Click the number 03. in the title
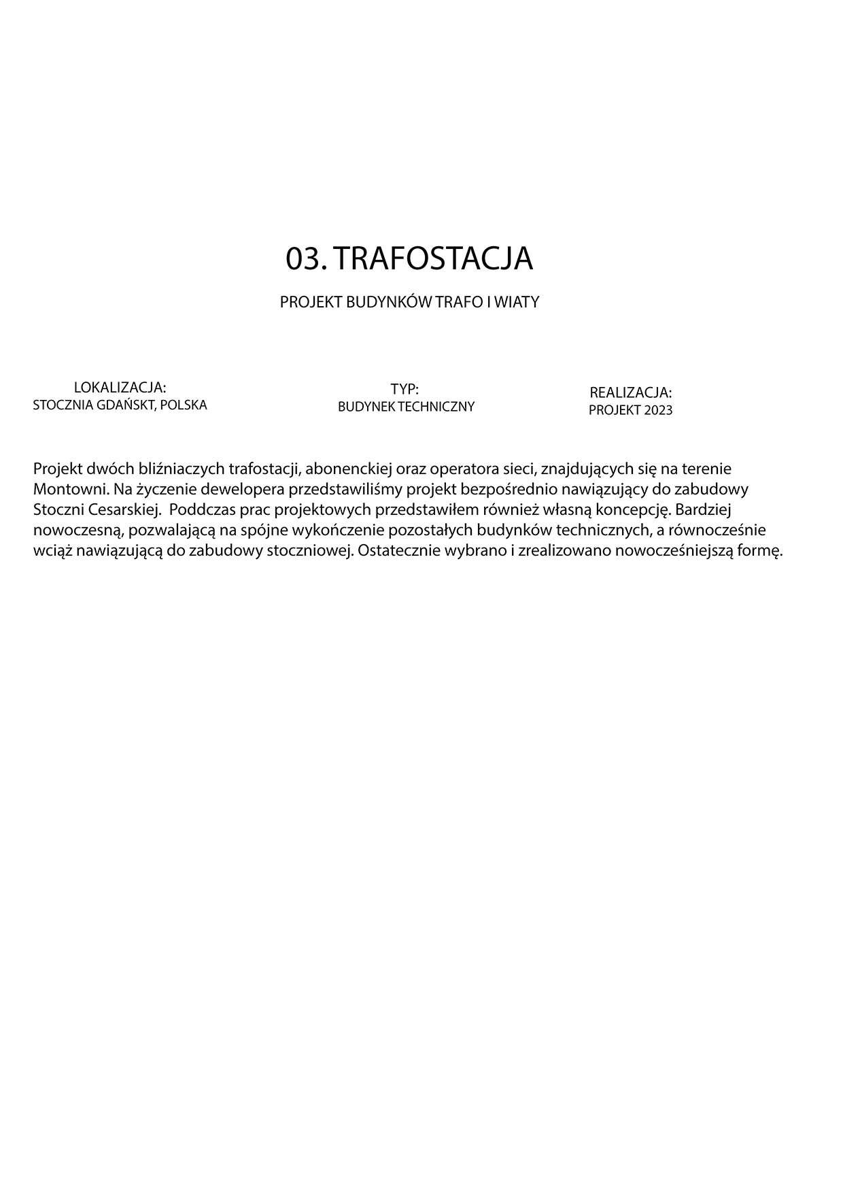pyautogui.click(x=307, y=259)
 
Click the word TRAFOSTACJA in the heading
pyautogui.click(x=434, y=259)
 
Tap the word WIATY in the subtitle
pyautogui.click(x=517, y=303)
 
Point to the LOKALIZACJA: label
pyautogui.click(x=120, y=388)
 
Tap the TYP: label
pyautogui.click(x=405, y=390)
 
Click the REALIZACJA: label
pyautogui.click(x=630, y=393)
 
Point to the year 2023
pyautogui.click(x=658, y=410)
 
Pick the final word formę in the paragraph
pyautogui.click(x=764, y=551)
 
